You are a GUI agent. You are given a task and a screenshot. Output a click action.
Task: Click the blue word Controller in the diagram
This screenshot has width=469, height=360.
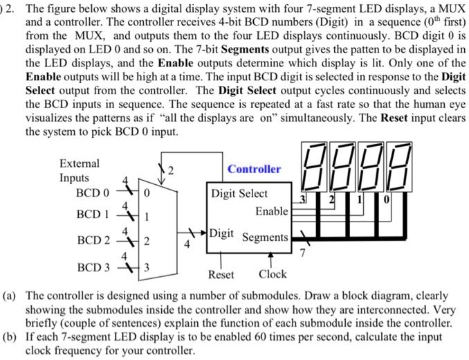255,169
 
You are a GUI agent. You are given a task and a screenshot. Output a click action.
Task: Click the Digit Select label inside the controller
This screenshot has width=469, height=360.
239,194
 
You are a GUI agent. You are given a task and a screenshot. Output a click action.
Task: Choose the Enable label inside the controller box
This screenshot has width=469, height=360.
271,210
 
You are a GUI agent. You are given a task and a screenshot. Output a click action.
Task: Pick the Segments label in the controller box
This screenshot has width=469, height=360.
265,237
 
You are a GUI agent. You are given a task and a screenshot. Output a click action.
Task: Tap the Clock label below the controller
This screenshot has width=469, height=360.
273,274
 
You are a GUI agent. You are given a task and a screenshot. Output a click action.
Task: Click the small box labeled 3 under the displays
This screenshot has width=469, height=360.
303,200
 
